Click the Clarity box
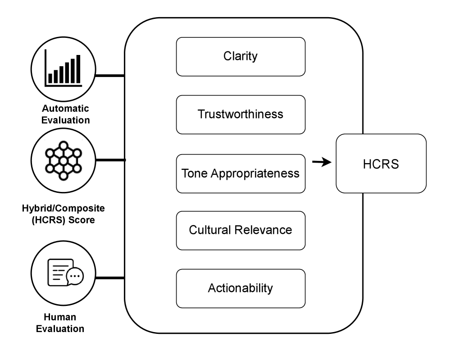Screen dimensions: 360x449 (240, 56)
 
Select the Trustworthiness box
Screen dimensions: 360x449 (240, 114)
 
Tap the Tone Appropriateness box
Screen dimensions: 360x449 (240, 173)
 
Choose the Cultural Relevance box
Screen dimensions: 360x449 (240, 230)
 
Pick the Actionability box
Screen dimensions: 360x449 (240, 288)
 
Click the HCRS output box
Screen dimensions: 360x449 (381, 164)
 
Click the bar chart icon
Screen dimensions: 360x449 (63, 70)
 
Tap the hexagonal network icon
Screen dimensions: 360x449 (63, 160)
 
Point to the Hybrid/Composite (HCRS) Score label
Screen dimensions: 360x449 (63, 214)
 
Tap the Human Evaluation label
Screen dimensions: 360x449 (60, 323)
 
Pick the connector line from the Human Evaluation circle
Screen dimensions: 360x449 (110, 278)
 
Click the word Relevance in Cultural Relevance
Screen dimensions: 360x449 (265, 230)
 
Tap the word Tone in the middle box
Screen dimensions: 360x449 (192, 173)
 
